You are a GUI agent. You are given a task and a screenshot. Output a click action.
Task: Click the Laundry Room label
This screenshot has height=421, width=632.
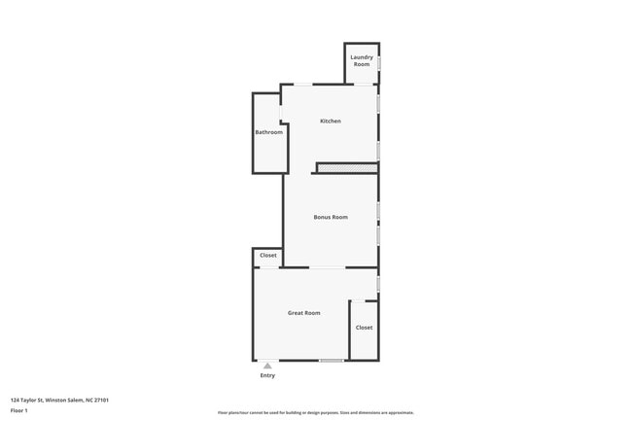(x=362, y=61)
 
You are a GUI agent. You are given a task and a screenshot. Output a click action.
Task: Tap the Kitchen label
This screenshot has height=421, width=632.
(x=331, y=121)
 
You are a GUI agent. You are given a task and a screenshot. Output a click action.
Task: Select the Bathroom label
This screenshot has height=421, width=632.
(x=268, y=132)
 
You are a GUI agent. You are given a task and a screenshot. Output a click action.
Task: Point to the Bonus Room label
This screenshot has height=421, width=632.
(x=331, y=217)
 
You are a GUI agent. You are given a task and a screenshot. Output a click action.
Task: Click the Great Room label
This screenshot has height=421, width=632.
(x=303, y=313)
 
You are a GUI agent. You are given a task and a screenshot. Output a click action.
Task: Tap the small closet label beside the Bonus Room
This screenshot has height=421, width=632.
(x=267, y=256)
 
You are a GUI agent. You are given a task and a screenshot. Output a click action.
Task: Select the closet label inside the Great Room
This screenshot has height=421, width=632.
(x=364, y=328)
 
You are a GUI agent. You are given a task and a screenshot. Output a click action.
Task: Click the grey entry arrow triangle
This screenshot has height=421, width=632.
(x=267, y=366)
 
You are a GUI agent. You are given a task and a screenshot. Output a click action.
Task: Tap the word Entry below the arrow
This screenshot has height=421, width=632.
(x=267, y=375)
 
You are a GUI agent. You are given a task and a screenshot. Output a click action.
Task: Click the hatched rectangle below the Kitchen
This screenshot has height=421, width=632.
(x=347, y=169)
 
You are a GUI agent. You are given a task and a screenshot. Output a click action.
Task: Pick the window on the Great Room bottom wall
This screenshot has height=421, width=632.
(x=332, y=361)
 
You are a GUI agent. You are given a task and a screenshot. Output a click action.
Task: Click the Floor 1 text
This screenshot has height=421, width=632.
(x=19, y=411)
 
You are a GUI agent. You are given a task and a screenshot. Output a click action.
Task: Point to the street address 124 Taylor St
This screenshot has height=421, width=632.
(x=28, y=399)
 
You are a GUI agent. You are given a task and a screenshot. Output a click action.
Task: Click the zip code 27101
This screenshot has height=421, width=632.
(x=99, y=399)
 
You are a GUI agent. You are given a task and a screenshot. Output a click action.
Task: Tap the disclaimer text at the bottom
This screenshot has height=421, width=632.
(x=316, y=412)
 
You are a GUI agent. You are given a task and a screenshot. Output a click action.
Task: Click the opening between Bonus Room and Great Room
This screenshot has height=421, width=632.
(x=327, y=267)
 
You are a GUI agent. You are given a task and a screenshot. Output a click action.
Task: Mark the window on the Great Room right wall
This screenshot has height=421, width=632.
(x=378, y=283)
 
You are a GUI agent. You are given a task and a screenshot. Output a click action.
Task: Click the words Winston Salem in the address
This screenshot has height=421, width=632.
(x=64, y=399)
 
